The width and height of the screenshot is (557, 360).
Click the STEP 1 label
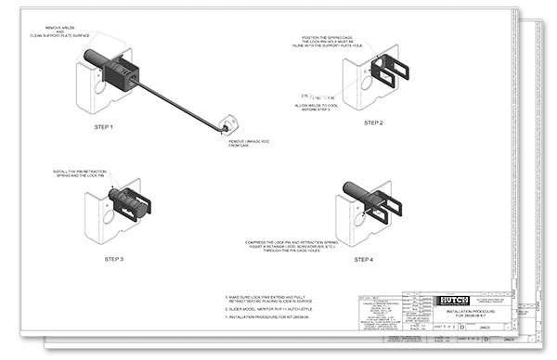pos(110,126)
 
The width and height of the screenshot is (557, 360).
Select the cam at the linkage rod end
pos(226,122)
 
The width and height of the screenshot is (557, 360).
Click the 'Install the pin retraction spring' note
pos(82,174)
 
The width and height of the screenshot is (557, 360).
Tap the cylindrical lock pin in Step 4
pos(357,190)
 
